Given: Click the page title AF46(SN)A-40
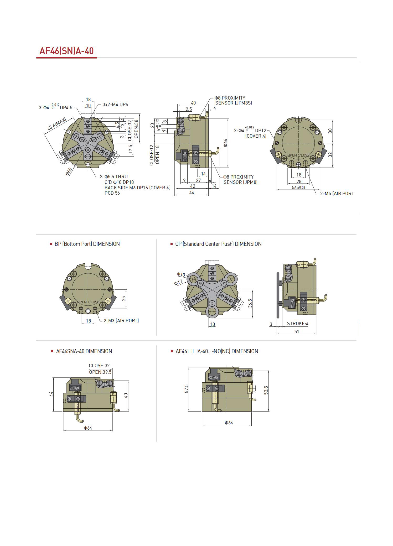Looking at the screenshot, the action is point(66,51).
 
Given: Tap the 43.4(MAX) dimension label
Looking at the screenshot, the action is point(56,124).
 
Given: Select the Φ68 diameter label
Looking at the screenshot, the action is point(69,171).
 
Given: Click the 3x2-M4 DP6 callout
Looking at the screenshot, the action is point(115,104).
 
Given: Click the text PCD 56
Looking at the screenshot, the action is point(112,193).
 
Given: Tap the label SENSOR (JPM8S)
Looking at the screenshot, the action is point(234,103).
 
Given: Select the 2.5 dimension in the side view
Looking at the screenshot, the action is point(189,109).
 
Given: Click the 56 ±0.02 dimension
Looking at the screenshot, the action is point(299,187).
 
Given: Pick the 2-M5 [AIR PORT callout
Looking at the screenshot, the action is point(337,194).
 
